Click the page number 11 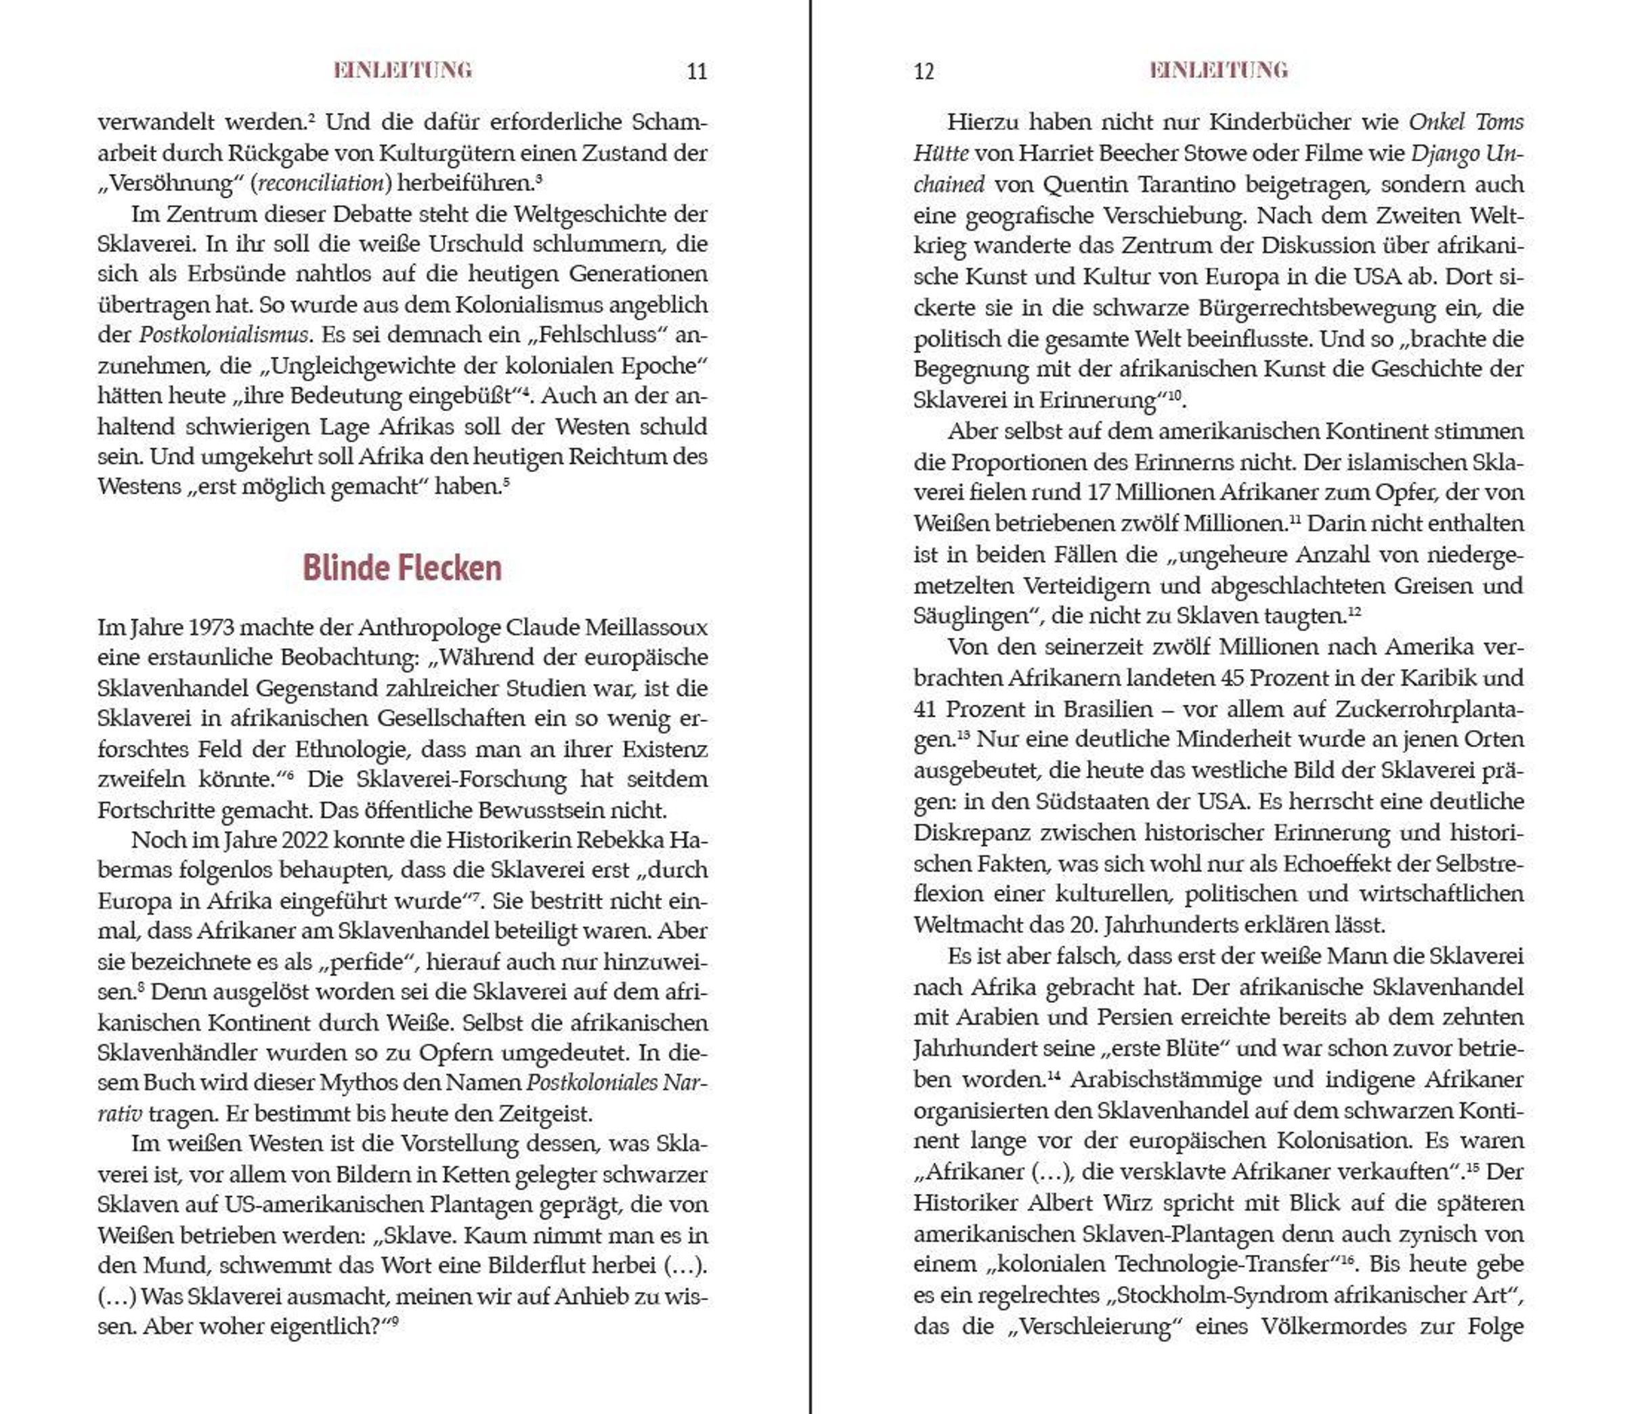click(697, 72)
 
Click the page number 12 click(924, 72)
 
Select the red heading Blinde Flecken click(402, 567)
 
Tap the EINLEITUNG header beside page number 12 click(1218, 70)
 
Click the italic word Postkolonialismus click(223, 335)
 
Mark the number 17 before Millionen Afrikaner click(1098, 492)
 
